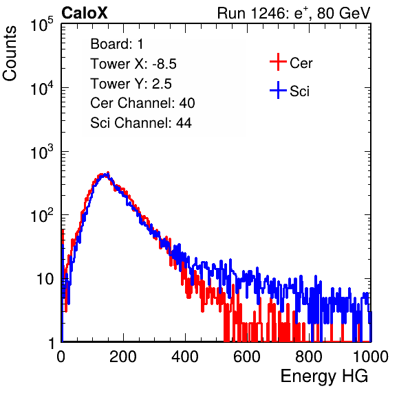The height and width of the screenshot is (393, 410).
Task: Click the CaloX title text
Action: coord(84,13)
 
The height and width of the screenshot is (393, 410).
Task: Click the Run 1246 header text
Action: coord(294,13)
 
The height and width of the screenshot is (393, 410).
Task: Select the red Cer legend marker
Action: coord(278,62)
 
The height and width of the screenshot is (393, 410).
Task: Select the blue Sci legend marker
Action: coord(278,90)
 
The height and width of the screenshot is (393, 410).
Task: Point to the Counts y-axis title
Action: coord(10,54)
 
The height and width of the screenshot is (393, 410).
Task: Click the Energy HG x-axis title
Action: coord(324,377)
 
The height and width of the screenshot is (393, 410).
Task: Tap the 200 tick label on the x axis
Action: coord(123,357)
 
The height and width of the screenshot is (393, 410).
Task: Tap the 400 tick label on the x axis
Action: coord(185,357)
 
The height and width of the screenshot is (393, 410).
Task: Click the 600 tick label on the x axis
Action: coord(247,357)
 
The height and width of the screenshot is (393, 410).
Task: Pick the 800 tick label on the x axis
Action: coord(309,357)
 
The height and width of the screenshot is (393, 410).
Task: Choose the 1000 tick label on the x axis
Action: coord(371,357)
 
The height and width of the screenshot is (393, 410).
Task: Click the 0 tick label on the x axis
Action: coord(61,357)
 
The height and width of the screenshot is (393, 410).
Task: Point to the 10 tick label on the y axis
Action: coord(45,279)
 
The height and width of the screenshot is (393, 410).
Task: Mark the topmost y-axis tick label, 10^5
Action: coord(42,24)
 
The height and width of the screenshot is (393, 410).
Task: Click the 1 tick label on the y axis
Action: coord(51,343)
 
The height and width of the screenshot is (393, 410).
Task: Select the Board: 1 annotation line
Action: coord(117,44)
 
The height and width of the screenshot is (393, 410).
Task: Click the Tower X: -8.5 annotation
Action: coord(133,64)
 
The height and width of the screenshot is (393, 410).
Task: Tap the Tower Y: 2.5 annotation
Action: coord(131,84)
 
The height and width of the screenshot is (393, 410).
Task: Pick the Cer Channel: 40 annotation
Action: coord(142,103)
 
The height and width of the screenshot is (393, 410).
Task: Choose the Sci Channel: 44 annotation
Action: coord(141,123)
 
